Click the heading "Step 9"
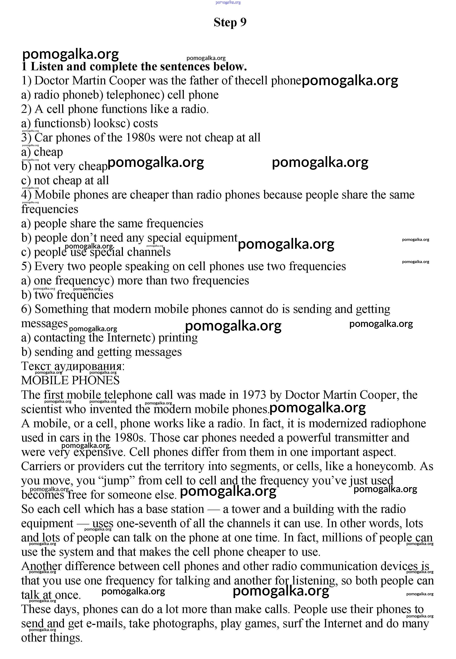coord(230,22)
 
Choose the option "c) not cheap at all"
coord(65,181)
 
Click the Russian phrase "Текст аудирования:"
coord(73,366)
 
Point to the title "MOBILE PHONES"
coord(70,380)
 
